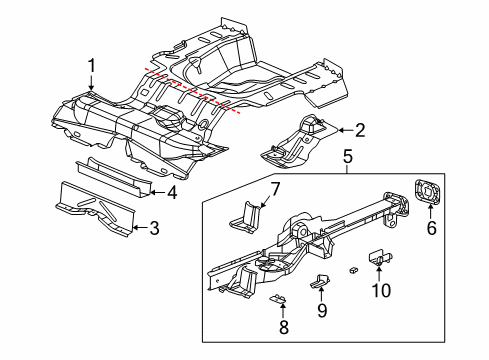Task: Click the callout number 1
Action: (91, 66)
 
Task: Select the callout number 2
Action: (360, 128)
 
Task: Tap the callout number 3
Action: (153, 229)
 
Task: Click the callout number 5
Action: (347, 156)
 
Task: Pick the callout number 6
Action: (431, 229)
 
